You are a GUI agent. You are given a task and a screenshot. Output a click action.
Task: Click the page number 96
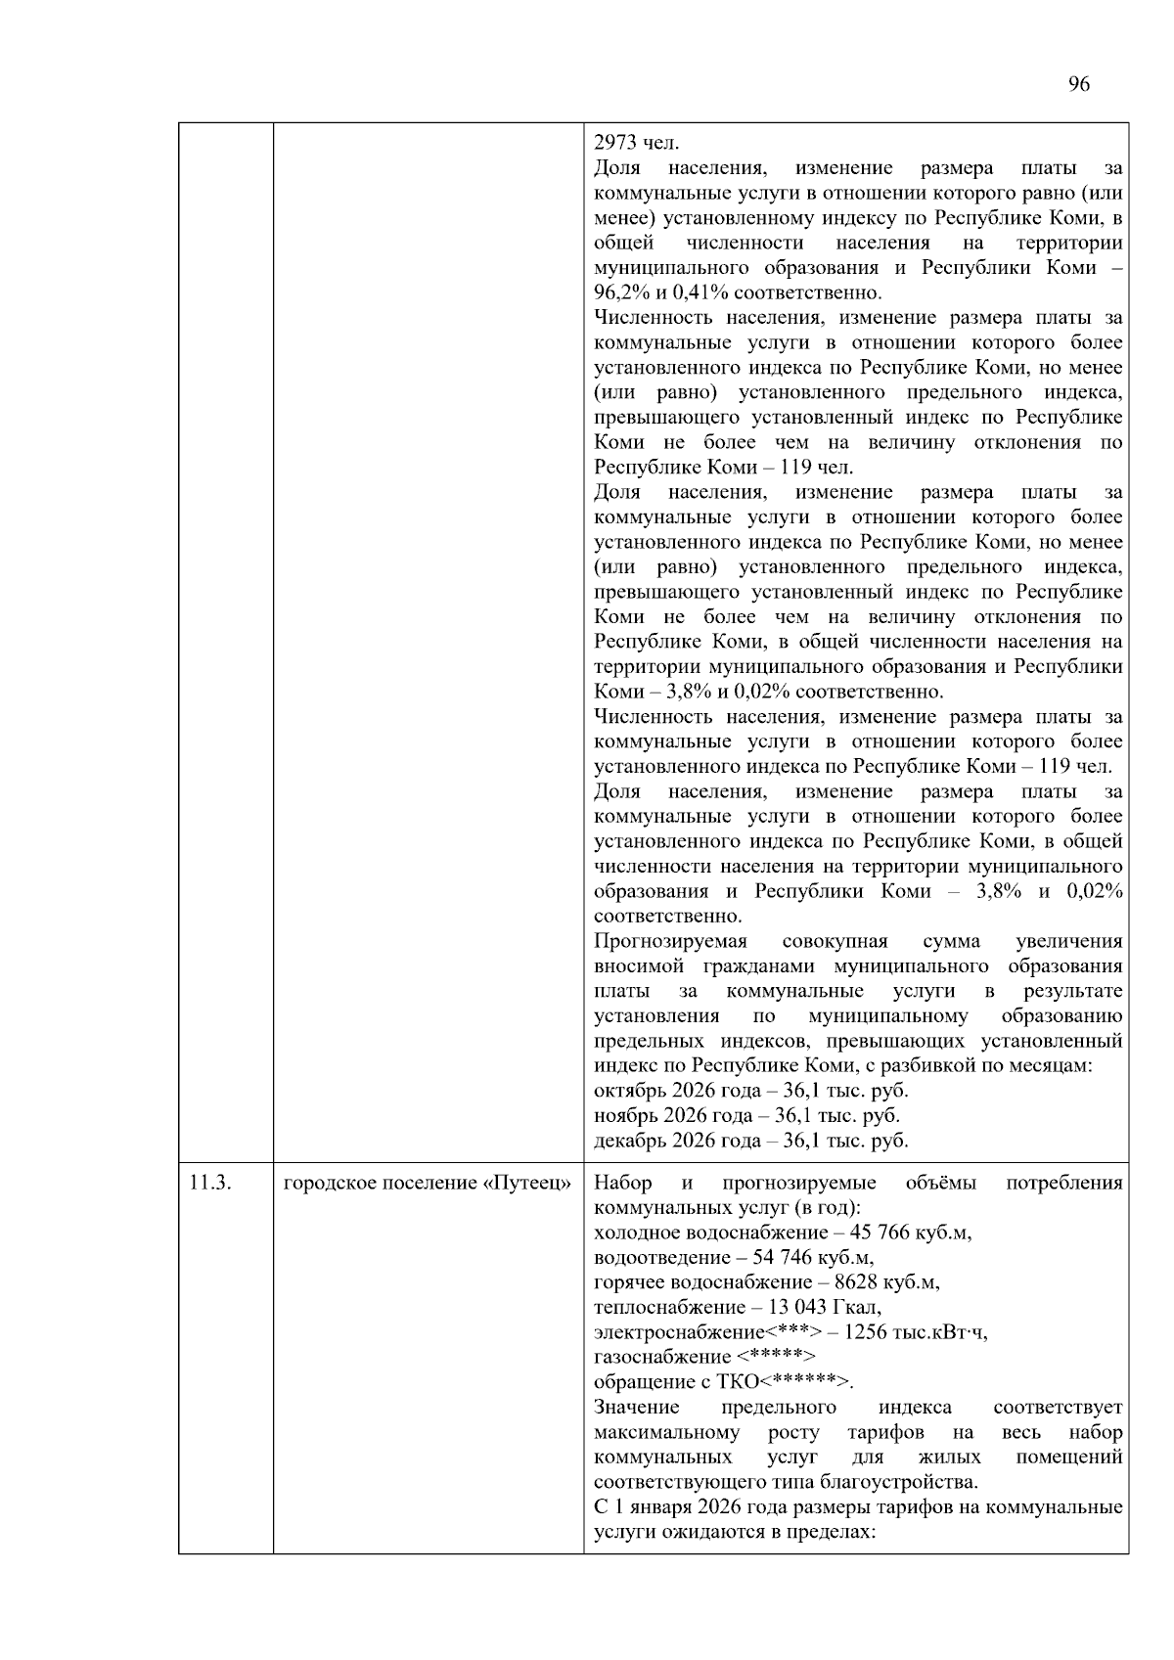pyautogui.click(x=1078, y=84)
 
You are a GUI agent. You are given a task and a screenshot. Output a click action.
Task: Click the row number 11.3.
pyautogui.click(x=210, y=1183)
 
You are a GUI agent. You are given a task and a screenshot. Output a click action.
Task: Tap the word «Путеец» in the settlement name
pyautogui.click(x=526, y=1183)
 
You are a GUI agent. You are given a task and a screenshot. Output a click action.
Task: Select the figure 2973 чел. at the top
pyautogui.click(x=636, y=144)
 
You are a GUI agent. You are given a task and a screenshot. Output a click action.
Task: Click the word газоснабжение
pyautogui.click(x=662, y=1357)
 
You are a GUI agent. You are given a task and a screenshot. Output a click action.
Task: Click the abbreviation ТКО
pyautogui.click(x=739, y=1382)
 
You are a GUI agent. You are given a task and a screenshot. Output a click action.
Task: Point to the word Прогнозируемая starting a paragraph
pyautogui.click(x=670, y=941)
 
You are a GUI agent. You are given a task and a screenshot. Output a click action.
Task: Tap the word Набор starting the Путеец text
pyautogui.click(x=623, y=1183)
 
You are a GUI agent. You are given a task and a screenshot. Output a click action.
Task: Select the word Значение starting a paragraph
pyautogui.click(x=637, y=1407)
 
